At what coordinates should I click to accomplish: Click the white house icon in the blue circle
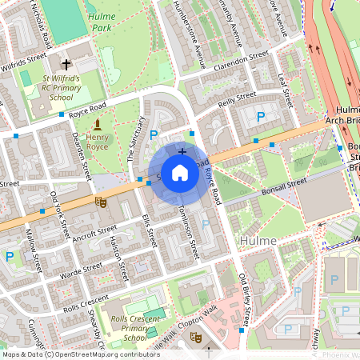(180, 173)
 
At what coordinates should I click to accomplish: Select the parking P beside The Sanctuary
(154, 134)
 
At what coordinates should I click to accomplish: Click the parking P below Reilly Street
(259, 118)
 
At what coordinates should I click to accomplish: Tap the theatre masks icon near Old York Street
(101, 202)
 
